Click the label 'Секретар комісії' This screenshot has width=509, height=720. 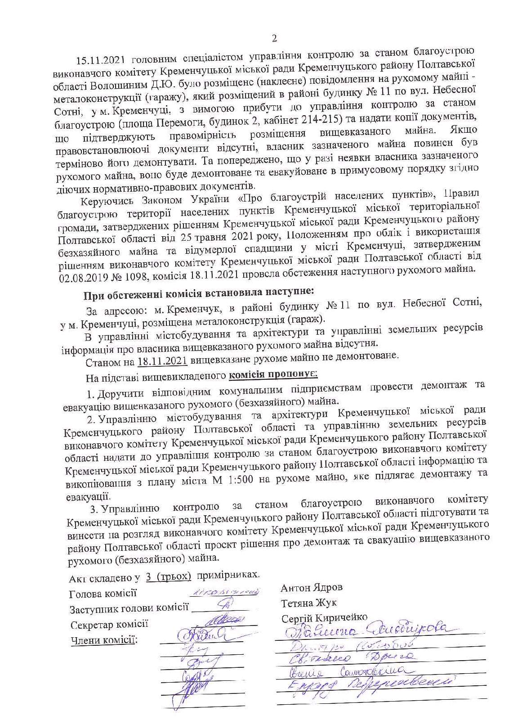tap(109, 625)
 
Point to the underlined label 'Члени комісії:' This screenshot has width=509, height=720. tap(103, 640)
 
